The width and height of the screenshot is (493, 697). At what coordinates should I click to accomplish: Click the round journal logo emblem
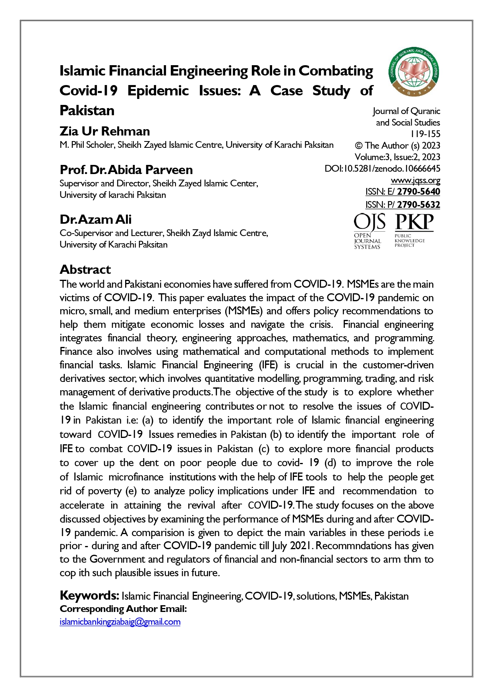[414, 72]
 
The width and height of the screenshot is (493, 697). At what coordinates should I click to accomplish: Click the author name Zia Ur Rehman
[104, 131]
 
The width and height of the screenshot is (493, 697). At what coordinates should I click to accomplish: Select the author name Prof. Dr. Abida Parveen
[126, 170]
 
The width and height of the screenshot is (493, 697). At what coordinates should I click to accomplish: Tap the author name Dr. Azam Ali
[95, 219]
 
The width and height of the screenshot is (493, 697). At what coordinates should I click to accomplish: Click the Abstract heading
[85, 269]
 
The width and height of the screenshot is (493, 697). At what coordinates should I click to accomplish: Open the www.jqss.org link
[415, 180]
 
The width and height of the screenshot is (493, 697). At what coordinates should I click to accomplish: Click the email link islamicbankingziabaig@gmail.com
[120, 621]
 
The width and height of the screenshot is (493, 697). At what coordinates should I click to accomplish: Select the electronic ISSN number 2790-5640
[418, 192]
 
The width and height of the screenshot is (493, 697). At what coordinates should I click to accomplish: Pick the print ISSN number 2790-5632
[418, 205]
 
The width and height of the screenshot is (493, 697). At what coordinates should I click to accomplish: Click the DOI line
[382, 168]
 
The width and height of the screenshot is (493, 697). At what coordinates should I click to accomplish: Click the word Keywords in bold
[89, 595]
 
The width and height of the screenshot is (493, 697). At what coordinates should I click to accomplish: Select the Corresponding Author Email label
[123, 609]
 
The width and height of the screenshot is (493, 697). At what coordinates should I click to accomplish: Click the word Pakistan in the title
[87, 110]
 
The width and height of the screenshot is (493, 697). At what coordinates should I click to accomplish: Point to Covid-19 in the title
[88, 91]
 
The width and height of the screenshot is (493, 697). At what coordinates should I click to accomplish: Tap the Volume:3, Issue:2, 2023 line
[397, 157]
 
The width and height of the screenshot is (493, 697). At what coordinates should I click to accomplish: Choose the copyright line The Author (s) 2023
[397, 145]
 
